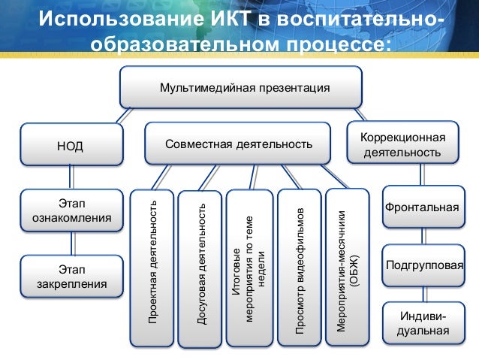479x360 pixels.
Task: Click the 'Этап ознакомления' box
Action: tap(71, 210)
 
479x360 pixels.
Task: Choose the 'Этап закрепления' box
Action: tap(71, 276)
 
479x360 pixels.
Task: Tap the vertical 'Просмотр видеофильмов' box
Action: tap(299, 266)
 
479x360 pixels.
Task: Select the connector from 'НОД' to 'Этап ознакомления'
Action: tap(71, 177)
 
